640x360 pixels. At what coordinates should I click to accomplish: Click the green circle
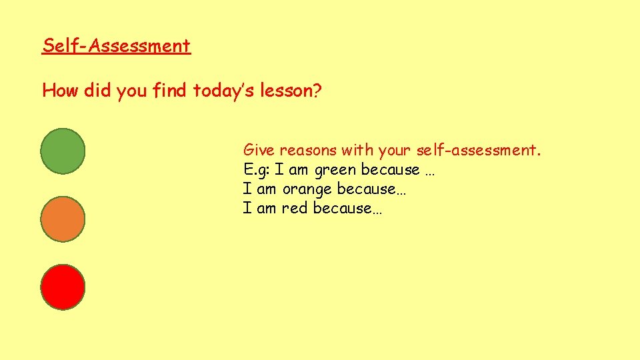63,151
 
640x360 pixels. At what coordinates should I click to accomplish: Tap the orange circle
63,219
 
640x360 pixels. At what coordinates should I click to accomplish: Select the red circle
63,287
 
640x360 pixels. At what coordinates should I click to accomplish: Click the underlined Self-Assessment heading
116,46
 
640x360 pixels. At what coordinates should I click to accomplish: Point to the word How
61,91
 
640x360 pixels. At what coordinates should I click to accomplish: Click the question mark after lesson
317,91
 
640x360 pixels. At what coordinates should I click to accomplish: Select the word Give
259,150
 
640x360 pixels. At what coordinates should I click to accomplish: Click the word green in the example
335,171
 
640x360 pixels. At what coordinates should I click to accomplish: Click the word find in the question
170,91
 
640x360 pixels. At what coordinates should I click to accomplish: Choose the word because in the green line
390,170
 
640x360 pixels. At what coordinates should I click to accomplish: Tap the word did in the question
98,91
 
